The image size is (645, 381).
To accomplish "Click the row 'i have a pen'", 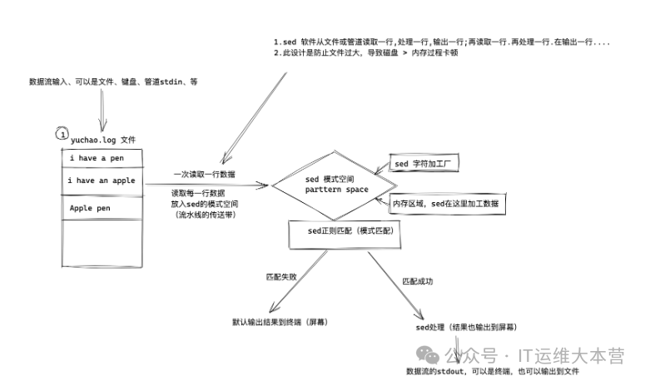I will pyautogui.click(x=102, y=158).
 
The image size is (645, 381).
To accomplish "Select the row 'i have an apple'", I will pyautogui.click(x=102, y=180).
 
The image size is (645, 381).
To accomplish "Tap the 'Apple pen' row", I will pyautogui.click(x=102, y=208).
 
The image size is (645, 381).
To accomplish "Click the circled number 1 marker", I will pyautogui.click(x=61, y=133).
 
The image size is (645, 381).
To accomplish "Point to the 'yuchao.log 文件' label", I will pyautogui.click(x=102, y=139).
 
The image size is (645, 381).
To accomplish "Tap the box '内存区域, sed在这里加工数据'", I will pyautogui.click(x=445, y=204).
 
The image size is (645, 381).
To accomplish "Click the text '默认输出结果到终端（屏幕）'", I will pyautogui.click(x=279, y=321).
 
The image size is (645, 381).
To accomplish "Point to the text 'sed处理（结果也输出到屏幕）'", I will pyautogui.click(x=465, y=327).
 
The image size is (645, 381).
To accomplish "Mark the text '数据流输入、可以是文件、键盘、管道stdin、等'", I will pyautogui.click(x=112, y=82).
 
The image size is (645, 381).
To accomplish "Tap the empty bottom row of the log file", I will pyautogui.click(x=102, y=245).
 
